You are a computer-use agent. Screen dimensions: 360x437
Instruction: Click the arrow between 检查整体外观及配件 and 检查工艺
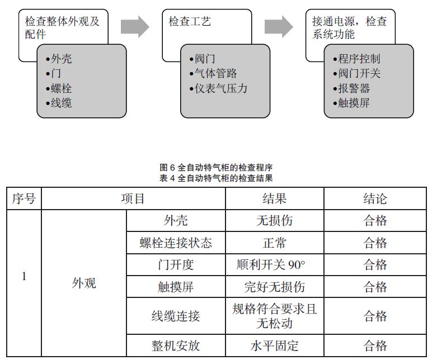(134, 25)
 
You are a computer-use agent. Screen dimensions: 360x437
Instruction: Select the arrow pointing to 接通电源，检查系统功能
(279, 25)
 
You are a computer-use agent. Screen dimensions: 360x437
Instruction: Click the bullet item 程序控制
(360, 59)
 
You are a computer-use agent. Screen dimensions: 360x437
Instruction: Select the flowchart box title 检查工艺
(190, 22)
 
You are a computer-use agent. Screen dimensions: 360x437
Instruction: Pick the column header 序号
(24, 198)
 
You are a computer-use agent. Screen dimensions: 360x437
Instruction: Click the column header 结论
(375, 198)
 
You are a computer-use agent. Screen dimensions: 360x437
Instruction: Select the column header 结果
(274, 198)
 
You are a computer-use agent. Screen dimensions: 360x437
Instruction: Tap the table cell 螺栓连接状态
(176, 243)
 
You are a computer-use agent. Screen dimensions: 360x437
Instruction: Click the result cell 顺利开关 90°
(274, 264)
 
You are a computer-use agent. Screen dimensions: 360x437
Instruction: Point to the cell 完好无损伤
(274, 287)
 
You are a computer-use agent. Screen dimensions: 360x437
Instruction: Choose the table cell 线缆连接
(176, 316)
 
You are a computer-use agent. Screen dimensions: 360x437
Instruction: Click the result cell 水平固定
(274, 345)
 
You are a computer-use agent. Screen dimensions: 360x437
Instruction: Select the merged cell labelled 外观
(84, 283)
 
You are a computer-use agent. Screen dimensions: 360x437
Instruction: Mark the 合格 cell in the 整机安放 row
(375, 345)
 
